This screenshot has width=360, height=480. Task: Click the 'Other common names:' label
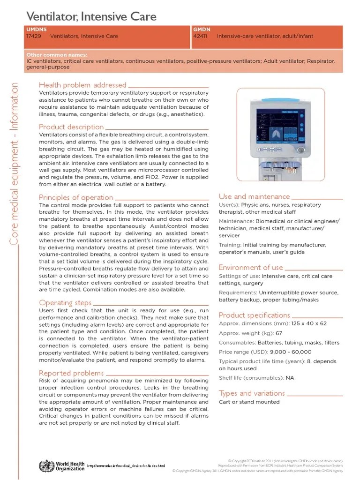(x=57, y=55)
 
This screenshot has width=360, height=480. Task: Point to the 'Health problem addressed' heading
(x=82, y=85)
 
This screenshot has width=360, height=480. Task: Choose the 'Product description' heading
(x=71, y=127)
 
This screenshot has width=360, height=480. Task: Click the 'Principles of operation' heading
(x=76, y=197)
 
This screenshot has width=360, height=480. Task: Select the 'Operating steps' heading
(x=65, y=302)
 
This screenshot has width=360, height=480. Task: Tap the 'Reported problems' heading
(x=71, y=373)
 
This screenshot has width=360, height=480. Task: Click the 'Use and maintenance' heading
(x=254, y=196)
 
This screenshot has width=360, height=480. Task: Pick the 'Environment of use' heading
(x=251, y=267)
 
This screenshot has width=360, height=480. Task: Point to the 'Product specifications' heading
(x=255, y=315)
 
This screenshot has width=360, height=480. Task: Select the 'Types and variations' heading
(x=252, y=393)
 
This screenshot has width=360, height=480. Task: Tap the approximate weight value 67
(x=279, y=333)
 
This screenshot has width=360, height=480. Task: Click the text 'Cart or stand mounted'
(x=249, y=402)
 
